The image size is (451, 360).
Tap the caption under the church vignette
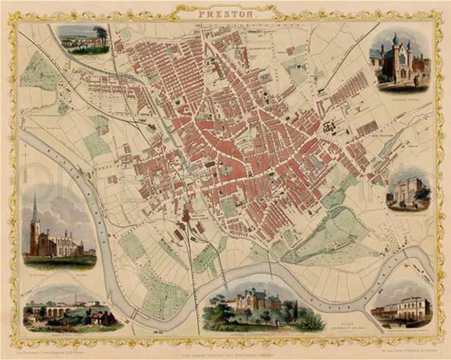pyautogui.click(x=58, y=272)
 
